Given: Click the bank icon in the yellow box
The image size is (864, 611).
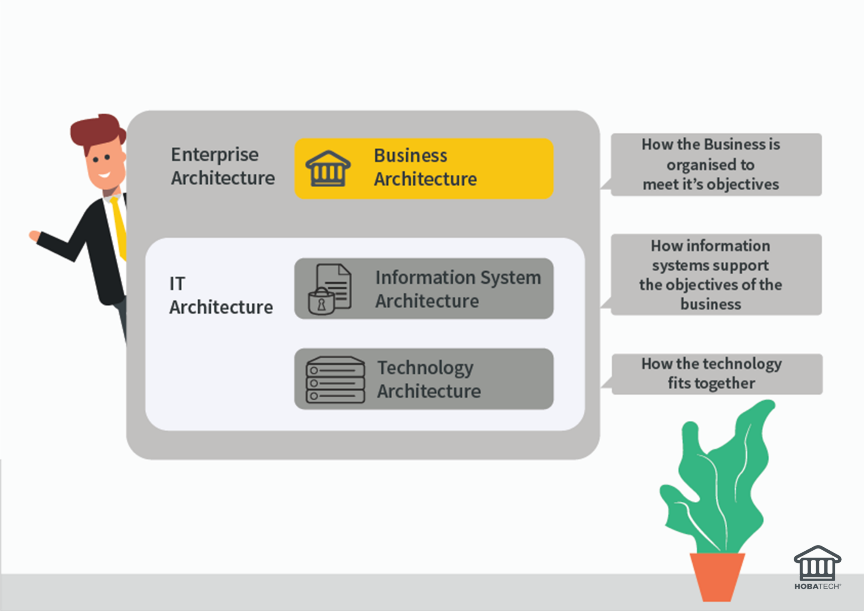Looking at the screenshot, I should pyautogui.click(x=328, y=169).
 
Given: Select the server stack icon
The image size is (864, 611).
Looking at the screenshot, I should pyautogui.click(x=335, y=379).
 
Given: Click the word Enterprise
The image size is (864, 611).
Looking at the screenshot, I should pyautogui.click(x=214, y=155).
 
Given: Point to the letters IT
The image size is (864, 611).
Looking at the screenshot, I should pyautogui.click(x=177, y=284).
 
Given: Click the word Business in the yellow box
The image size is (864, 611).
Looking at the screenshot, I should pyautogui.click(x=410, y=156).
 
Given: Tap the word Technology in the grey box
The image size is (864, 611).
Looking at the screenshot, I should pyautogui.click(x=425, y=368).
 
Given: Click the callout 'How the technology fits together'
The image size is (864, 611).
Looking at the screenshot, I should pyautogui.click(x=716, y=374).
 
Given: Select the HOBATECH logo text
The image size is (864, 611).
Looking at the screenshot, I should pyautogui.click(x=817, y=586).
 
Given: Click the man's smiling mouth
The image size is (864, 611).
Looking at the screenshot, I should pyautogui.click(x=104, y=174).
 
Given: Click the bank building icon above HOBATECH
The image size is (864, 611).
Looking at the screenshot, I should pyautogui.click(x=817, y=563).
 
